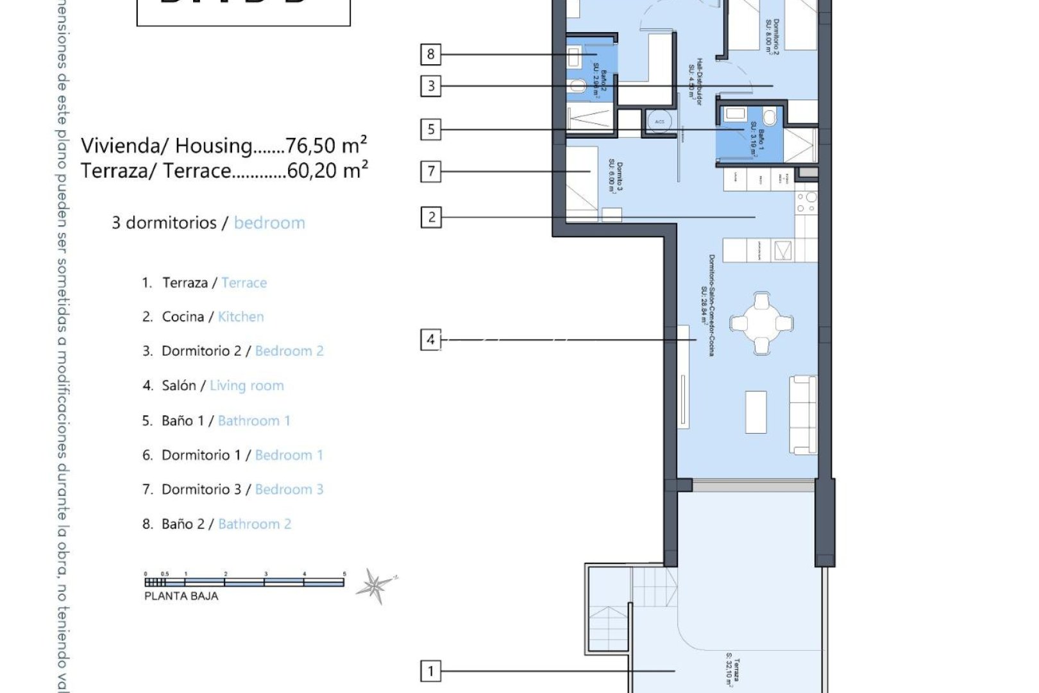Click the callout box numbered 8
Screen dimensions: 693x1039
click(x=430, y=54)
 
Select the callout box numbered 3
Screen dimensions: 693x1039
click(x=430, y=85)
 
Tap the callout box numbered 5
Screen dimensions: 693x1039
click(x=430, y=130)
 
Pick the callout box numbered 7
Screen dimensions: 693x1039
click(x=430, y=171)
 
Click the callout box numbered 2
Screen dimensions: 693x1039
click(x=430, y=217)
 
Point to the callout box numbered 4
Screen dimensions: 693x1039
click(x=430, y=339)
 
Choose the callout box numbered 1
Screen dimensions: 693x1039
click(x=430, y=671)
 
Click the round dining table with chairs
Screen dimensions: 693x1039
click(x=761, y=323)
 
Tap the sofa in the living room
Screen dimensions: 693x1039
click(x=803, y=415)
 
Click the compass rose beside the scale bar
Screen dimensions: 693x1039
click(x=375, y=585)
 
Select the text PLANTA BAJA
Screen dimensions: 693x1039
click(x=181, y=596)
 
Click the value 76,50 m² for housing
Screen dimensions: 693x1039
click(x=326, y=145)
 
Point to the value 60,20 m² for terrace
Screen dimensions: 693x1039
click(x=327, y=170)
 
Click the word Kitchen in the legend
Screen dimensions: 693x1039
click(x=241, y=316)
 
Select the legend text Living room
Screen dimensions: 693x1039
click(x=246, y=386)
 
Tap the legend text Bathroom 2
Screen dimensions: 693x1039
click(x=255, y=524)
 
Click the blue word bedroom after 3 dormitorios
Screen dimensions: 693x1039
click(x=269, y=223)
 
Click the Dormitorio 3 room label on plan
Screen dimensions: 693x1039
click(x=615, y=176)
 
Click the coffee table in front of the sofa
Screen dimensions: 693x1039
click(x=756, y=411)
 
